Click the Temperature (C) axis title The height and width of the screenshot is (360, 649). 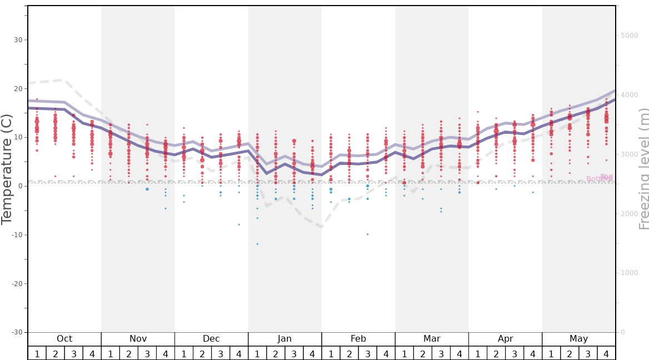pyautogui.click(x=7, y=169)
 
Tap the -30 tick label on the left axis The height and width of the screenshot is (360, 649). pyautogui.click(x=17, y=332)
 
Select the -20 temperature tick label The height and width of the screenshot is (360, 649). pyautogui.click(x=17, y=283)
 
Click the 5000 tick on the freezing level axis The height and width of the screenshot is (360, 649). pyautogui.click(x=630, y=36)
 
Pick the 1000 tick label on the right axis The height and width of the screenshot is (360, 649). pyautogui.click(x=630, y=273)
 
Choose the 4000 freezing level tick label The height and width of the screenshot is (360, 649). pyautogui.click(x=630, y=95)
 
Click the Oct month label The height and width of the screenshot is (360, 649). pyautogui.click(x=64, y=339)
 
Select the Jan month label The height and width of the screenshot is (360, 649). pyautogui.click(x=284, y=339)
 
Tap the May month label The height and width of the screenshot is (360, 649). pyautogui.click(x=578, y=339)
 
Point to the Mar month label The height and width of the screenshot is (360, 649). pyautogui.click(x=432, y=339)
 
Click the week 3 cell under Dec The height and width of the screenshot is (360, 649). pyautogui.click(x=221, y=353)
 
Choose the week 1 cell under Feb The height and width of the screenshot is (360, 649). pyautogui.click(x=331, y=353)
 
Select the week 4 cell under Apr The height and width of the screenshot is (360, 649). pyautogui.click(x=533, y=353)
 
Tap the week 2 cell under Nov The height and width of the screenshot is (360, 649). pyautogui.click(x=129, y=353)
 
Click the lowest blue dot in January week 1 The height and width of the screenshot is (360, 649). pyautogui.click(x=257, y=244)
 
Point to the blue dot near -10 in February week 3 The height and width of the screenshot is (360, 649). pyautogui.click(x=367, y=234)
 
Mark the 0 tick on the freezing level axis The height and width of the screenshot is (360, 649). pyautogui.click(x=622, y=332)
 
